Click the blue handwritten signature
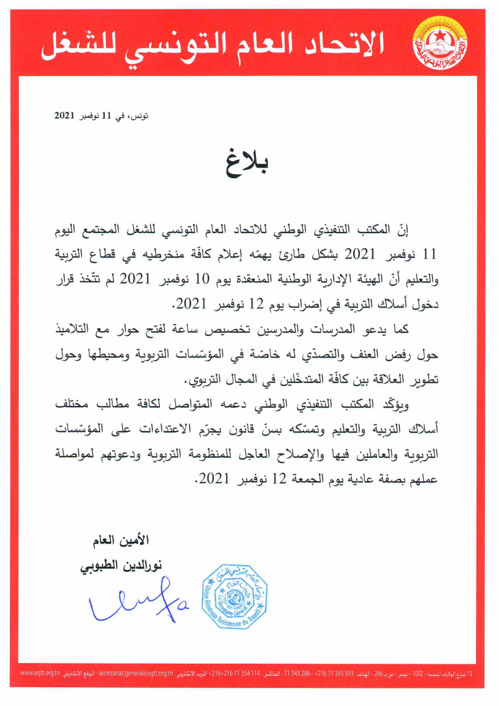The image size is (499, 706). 139,604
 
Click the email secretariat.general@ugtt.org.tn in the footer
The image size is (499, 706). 135,672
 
